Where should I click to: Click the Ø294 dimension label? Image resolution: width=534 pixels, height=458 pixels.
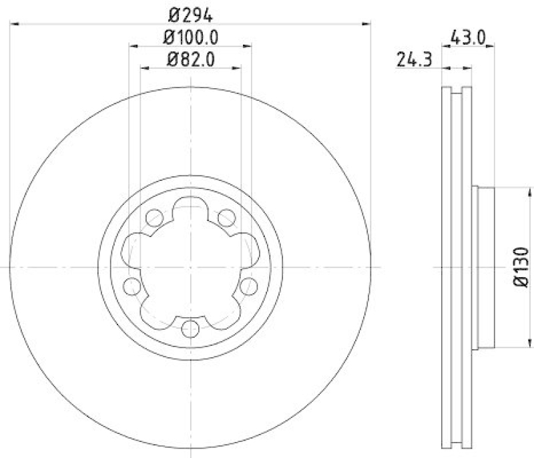(x=190, y=13)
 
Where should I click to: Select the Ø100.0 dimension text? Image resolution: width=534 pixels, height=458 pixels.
(x=192, y=36)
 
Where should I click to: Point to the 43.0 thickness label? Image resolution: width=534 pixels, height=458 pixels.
(x=467, y=37)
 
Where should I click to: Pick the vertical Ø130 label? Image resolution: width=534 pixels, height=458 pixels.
(x=521, y=268)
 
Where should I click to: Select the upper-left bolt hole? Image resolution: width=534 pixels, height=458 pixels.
(x=154, y=217)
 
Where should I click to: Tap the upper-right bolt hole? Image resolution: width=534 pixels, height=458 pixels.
(x=228, y=217)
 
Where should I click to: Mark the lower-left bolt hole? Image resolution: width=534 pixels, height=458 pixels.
(x=131, y=287)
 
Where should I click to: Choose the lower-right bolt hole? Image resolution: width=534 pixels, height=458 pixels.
(x=250, y=287)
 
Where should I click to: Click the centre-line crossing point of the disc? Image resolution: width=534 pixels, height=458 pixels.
(x=191, y=267)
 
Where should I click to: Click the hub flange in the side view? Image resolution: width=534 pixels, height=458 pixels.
(x=483, y=267)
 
